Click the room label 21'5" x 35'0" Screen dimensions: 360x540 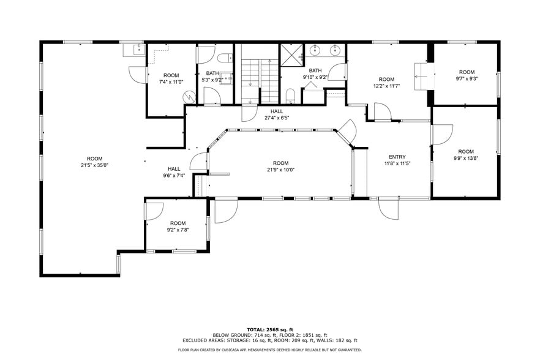tap(94, 162)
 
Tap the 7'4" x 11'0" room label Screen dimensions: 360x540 tap(171, 78)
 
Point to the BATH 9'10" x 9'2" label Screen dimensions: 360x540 tap(315, 74)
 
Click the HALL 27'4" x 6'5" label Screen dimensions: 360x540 tap(277, 114)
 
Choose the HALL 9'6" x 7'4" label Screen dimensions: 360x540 tap(174, 172)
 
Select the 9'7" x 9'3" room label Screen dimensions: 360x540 tap(467, 75)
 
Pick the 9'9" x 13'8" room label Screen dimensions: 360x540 tap(466, 155)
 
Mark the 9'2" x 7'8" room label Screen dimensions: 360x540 tap(178, 227)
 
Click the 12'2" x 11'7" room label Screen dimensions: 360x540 tap(386, 83)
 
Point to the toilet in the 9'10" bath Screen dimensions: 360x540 tap(291, 95)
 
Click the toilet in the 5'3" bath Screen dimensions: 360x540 tap(223, 58)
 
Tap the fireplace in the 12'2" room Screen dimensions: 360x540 tap(421, 77)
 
